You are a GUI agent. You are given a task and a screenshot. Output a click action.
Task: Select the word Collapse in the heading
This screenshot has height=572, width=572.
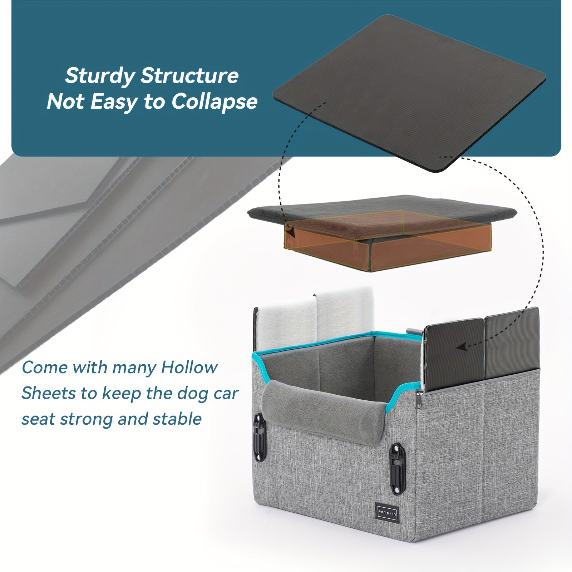214,102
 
